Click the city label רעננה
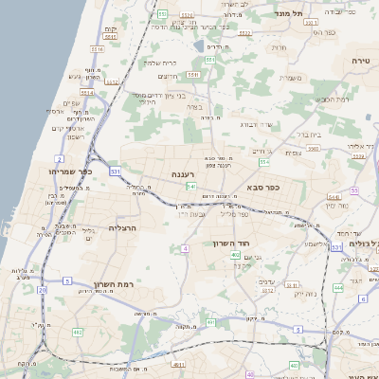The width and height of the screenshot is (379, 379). point(182,175)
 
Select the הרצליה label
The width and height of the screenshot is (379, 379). point(124,228)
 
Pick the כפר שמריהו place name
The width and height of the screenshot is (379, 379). point(42,171)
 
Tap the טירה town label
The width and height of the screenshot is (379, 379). point(360,60)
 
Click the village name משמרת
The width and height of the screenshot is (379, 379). point(291,79)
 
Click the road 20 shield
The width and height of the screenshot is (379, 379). point(41,291)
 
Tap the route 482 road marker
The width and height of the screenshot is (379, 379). point(77,333)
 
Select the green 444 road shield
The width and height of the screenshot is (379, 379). point(337,285)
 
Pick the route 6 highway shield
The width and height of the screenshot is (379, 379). point(362,299)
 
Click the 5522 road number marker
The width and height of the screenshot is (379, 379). point(187,15)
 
